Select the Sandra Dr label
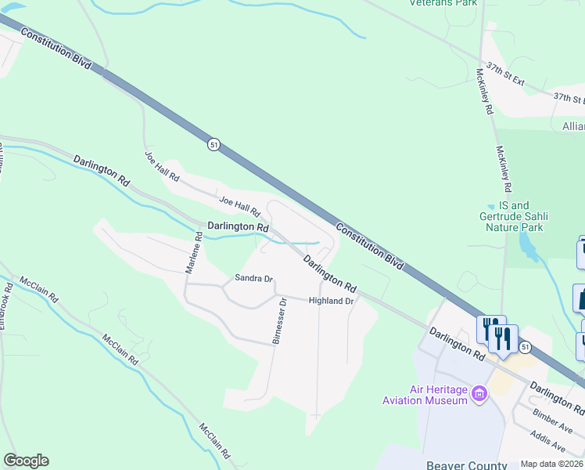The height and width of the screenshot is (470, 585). click(254, 278)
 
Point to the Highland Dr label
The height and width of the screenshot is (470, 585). click(332, 301)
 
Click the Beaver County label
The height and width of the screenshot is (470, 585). click(462, 465)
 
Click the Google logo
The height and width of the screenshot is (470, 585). click(26, 461)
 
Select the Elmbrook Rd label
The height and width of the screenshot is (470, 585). click(6, 305)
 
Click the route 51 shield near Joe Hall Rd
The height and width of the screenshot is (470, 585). click(214, 144)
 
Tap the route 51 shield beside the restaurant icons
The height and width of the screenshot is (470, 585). click(525, 347)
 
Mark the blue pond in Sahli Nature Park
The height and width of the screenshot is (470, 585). click(529, 249)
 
